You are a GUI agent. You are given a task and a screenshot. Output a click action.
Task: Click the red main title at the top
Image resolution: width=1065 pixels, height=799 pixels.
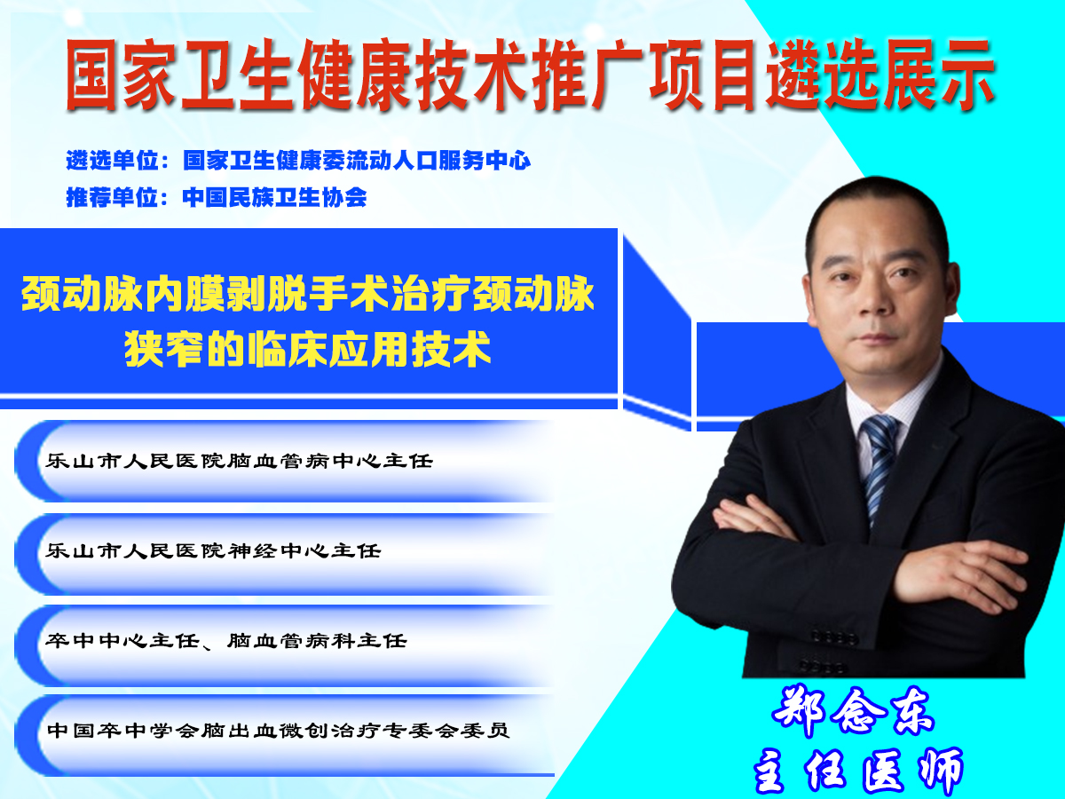tap(531, 75)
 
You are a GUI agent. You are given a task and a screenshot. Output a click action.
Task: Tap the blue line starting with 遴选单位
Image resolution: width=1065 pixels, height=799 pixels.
tap(298, 161)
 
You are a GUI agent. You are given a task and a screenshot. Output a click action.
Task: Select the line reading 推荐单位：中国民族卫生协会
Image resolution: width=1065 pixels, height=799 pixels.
tap(217, 197)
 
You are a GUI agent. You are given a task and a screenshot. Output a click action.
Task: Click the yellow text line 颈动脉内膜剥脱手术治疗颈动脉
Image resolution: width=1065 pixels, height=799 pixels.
tap(308, 294)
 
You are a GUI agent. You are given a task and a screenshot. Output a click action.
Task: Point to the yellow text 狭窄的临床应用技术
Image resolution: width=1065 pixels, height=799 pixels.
tap(308, 349)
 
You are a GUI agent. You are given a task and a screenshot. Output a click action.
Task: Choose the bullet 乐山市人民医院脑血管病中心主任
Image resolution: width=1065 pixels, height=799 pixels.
tap(240, 461)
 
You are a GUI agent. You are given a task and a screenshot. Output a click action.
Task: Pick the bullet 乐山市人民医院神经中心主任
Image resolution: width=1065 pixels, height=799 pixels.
tap(214, 550)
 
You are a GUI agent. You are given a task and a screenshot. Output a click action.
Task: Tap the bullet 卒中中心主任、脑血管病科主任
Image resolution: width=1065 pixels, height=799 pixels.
tap(226, 641)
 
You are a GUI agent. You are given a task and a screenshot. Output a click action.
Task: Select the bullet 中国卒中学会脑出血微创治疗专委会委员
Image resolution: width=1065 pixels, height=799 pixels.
tap(279, 731)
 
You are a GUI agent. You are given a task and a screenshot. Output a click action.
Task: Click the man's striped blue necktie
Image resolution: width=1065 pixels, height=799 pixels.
tap(880, 466)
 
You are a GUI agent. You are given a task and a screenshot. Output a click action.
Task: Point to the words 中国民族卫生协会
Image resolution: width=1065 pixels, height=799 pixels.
tap(274, 197)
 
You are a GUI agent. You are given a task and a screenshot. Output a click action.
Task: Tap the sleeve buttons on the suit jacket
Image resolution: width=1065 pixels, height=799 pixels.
tap(831, 650)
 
